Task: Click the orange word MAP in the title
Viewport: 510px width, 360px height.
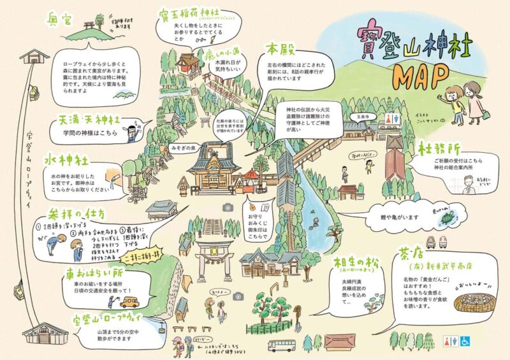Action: (421, 77)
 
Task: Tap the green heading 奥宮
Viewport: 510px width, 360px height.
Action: (61, 18)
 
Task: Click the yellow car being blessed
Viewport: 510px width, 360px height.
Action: (130, 301)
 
